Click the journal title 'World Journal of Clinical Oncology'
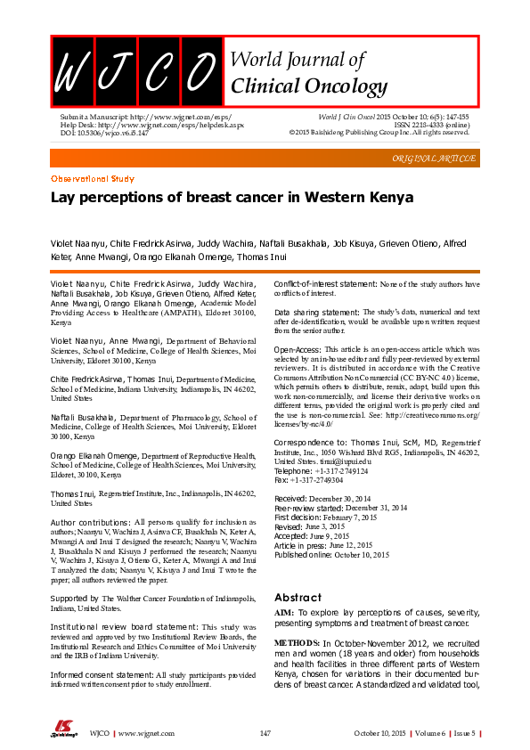click(298, 73)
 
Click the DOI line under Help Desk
click(104, 133)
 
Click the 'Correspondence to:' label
click(315, 443)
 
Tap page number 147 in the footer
click(265, 732)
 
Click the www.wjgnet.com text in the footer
click(144, 732)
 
